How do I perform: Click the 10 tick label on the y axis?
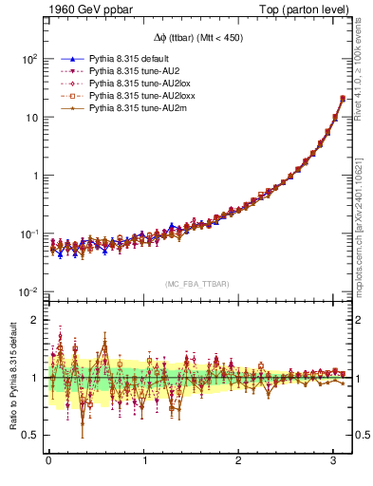coord(30,118)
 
